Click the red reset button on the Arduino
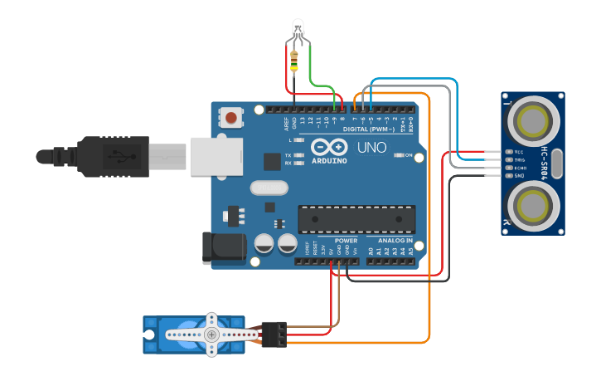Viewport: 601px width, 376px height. click(231, 119)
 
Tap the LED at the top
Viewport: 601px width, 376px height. click(298, 32)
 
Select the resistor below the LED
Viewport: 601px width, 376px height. click(295, 59)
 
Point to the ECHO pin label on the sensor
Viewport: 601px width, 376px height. click(519, 168)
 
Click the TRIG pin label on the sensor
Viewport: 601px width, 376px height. click(519, 160)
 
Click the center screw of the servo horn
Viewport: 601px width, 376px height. click(212, 334)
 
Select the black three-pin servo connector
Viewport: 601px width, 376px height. click(274, 334)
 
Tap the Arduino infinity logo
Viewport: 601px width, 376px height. click(329, 147)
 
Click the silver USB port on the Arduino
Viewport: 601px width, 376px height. click(216, 156)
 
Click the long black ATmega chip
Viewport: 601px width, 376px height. click(356, 219)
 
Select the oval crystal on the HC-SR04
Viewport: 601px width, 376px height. click(556, 164)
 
